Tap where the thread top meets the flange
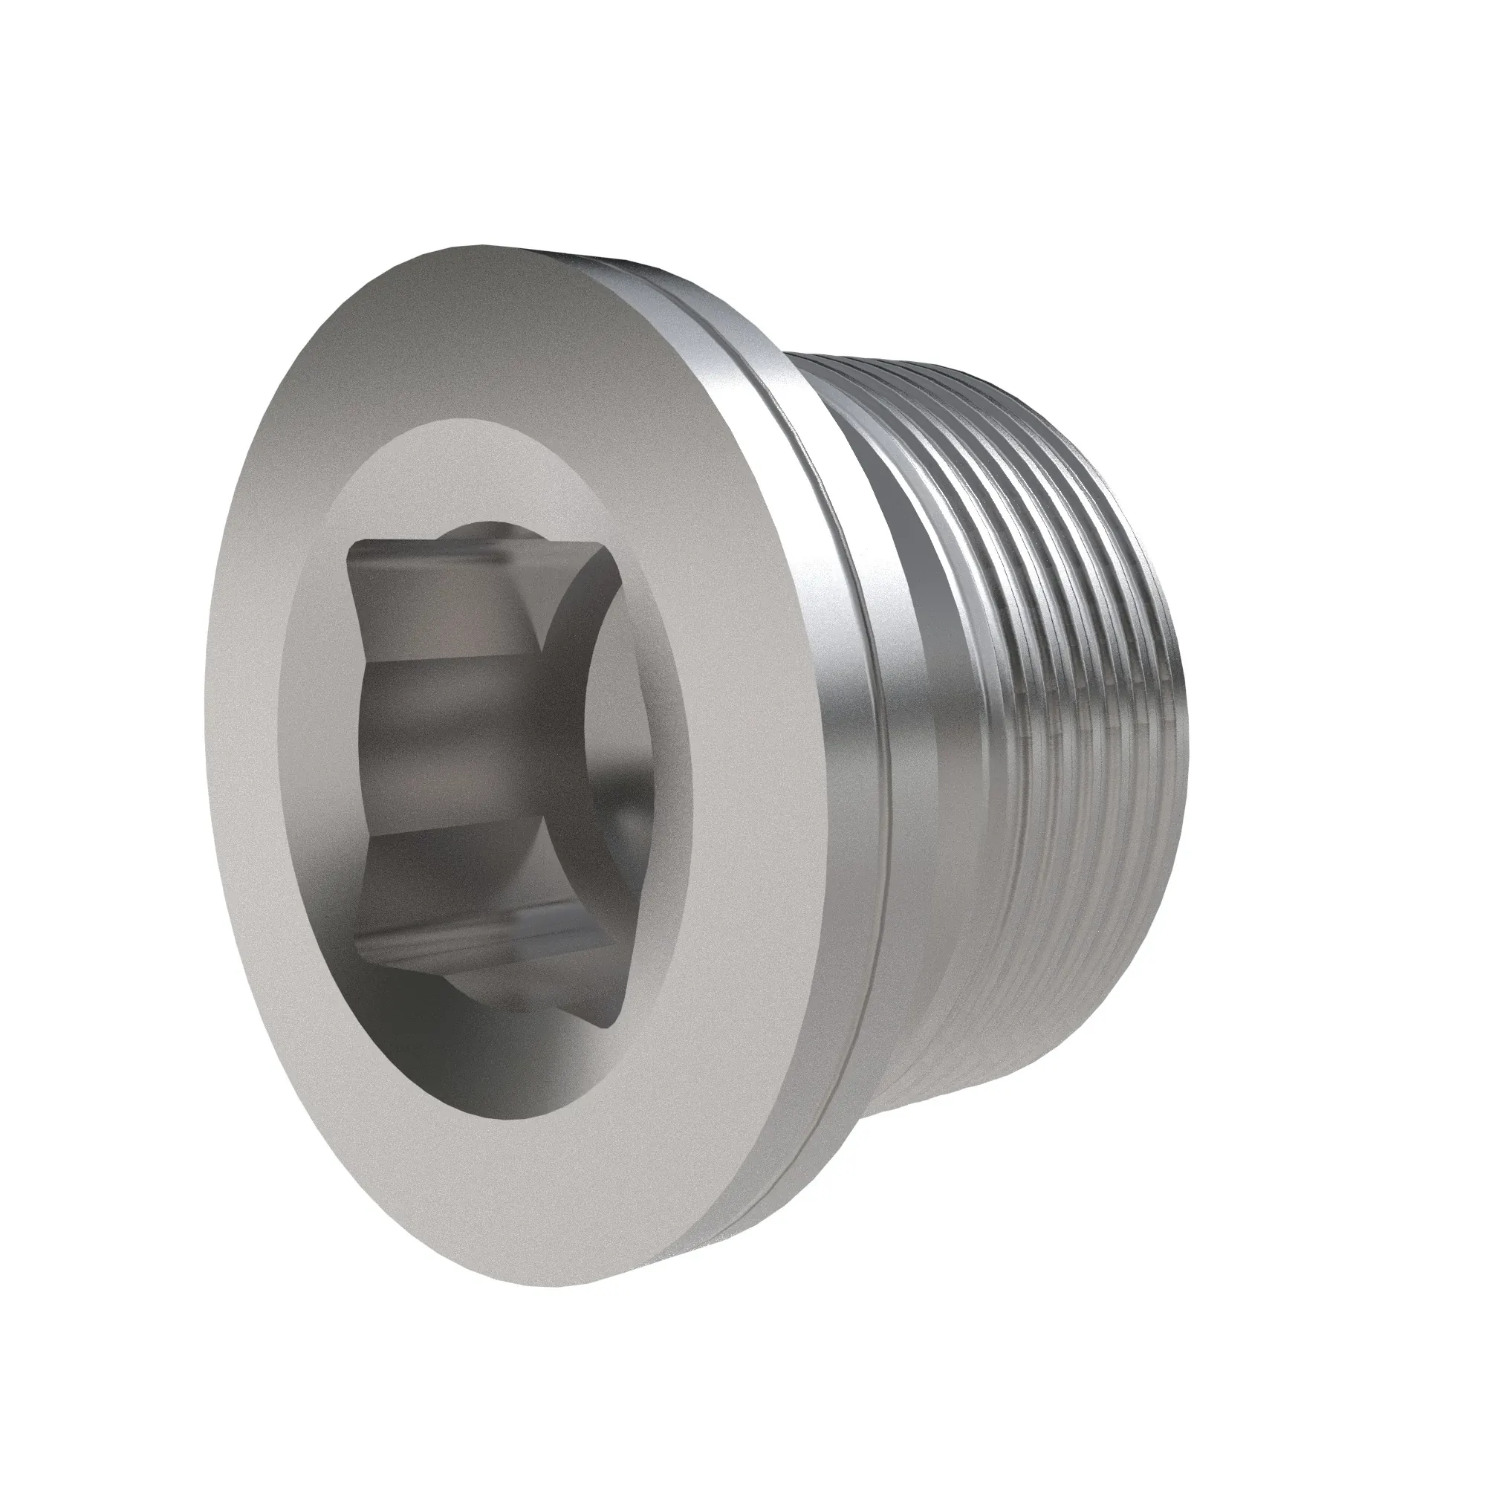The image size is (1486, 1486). tap(800, 355)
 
